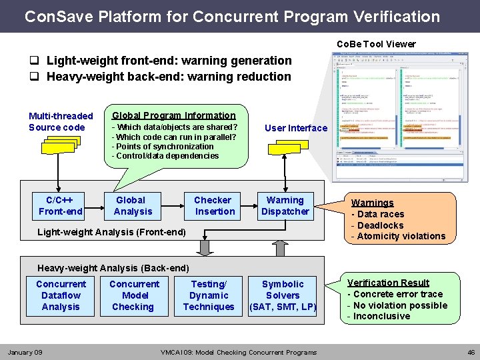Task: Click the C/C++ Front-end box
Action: point(61,206)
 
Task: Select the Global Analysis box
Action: point(133,206)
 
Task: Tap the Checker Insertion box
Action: point(213,206)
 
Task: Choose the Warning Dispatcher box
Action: point(285,206)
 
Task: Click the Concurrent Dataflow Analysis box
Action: point(61,295)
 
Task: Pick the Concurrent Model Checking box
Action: point(134,295)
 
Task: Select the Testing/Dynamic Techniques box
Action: point(209,295)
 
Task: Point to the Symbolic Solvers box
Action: point(283,295)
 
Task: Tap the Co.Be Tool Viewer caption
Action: point(376,44)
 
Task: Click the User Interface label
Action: point(296,128)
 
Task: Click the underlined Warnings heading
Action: point(372,203)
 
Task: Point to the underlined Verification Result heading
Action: point(388,283)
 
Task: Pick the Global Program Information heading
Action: point(173,115)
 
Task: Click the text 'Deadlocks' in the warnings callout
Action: point(380,225)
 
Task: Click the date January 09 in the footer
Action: point(25,352)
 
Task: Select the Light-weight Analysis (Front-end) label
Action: point(111,231)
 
